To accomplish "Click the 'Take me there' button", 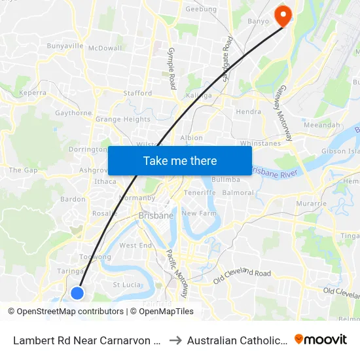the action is tap(180, 160).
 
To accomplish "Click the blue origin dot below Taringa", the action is tap(77, 293).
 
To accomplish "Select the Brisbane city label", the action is tap(156, 215).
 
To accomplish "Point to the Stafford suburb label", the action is tap(137, 94).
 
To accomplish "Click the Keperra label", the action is tap(33, 93).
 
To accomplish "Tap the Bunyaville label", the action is tap(65, 46).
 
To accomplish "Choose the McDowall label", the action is tap(105, 48).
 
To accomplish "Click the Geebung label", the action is tap(201, 10).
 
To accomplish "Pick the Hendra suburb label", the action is tap(248, 112).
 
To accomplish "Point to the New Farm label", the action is tap(198, 213).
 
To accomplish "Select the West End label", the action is tap(135, 245).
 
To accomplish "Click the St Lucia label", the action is tap(127, 285).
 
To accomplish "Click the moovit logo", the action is tap(320, 340).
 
